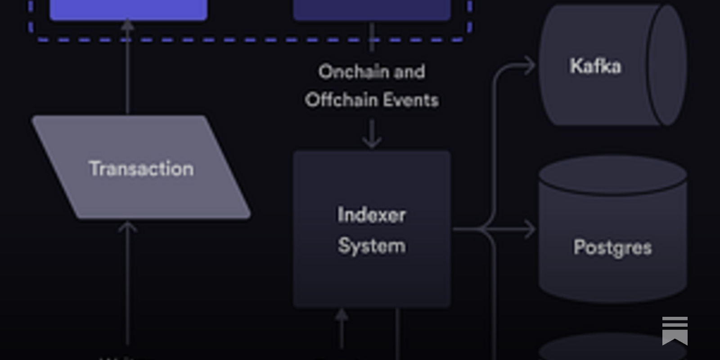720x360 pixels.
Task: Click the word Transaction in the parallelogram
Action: [141, 169]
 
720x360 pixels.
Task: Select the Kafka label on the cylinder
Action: [595, 66]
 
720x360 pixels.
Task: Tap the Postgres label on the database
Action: [612, 247]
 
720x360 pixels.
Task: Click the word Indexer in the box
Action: [372, 215]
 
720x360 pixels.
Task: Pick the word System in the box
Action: [372, 246]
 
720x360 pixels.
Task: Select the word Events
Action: [410, 100]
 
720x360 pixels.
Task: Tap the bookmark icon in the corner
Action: [675, 331]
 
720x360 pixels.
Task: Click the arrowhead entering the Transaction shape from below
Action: [128, 227]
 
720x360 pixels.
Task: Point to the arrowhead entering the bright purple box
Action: [128, 25]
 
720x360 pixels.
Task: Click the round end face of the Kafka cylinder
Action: [667, 66]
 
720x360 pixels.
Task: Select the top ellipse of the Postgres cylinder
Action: [612, 175]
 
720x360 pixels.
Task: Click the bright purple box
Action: [128, 9]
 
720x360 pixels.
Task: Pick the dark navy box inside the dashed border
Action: [372, 9]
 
